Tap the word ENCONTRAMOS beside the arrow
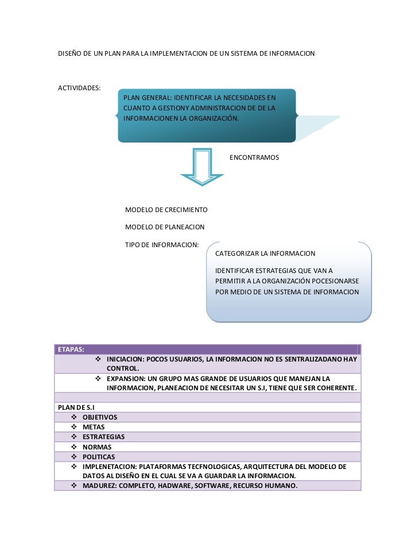pos(254,157)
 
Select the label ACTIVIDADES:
pos(79,88)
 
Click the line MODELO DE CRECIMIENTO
pos(166,210)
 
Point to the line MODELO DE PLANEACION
pos(165,227)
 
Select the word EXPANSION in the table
pos(123,379)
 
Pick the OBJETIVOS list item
pos(99,417)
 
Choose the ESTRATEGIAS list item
pos(103,437)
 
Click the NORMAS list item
pos(96,447)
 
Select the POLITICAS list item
pos(99,456)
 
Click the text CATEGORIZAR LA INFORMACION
pos(265,253)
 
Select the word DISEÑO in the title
pos(71,53)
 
